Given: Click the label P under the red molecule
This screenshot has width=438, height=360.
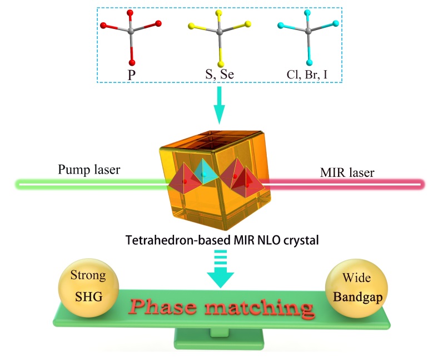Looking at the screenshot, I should click(132, 73).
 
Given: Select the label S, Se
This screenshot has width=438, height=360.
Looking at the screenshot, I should click(220, 73).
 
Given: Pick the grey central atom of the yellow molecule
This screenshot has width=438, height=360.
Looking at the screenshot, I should click(220, 33).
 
